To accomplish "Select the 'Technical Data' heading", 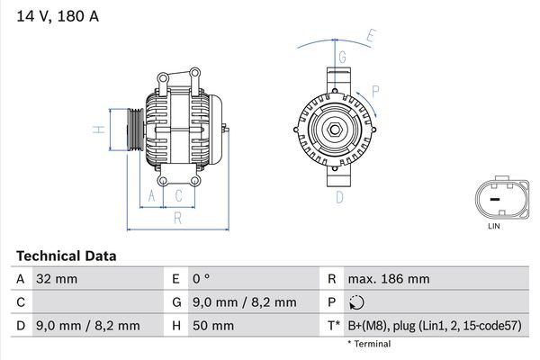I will click(66, 256).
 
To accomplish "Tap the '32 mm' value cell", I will click(57, 279).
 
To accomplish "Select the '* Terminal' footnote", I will click(369, 344).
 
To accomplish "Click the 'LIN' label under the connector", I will click(493, 226).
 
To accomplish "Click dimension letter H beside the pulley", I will click(101, 130).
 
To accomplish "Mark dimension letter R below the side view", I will click(178, 217).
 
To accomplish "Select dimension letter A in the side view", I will click(151, 195).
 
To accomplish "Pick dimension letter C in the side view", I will click(178, 195).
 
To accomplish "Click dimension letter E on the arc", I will click(370, 36).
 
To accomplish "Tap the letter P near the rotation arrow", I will click(375, 90).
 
